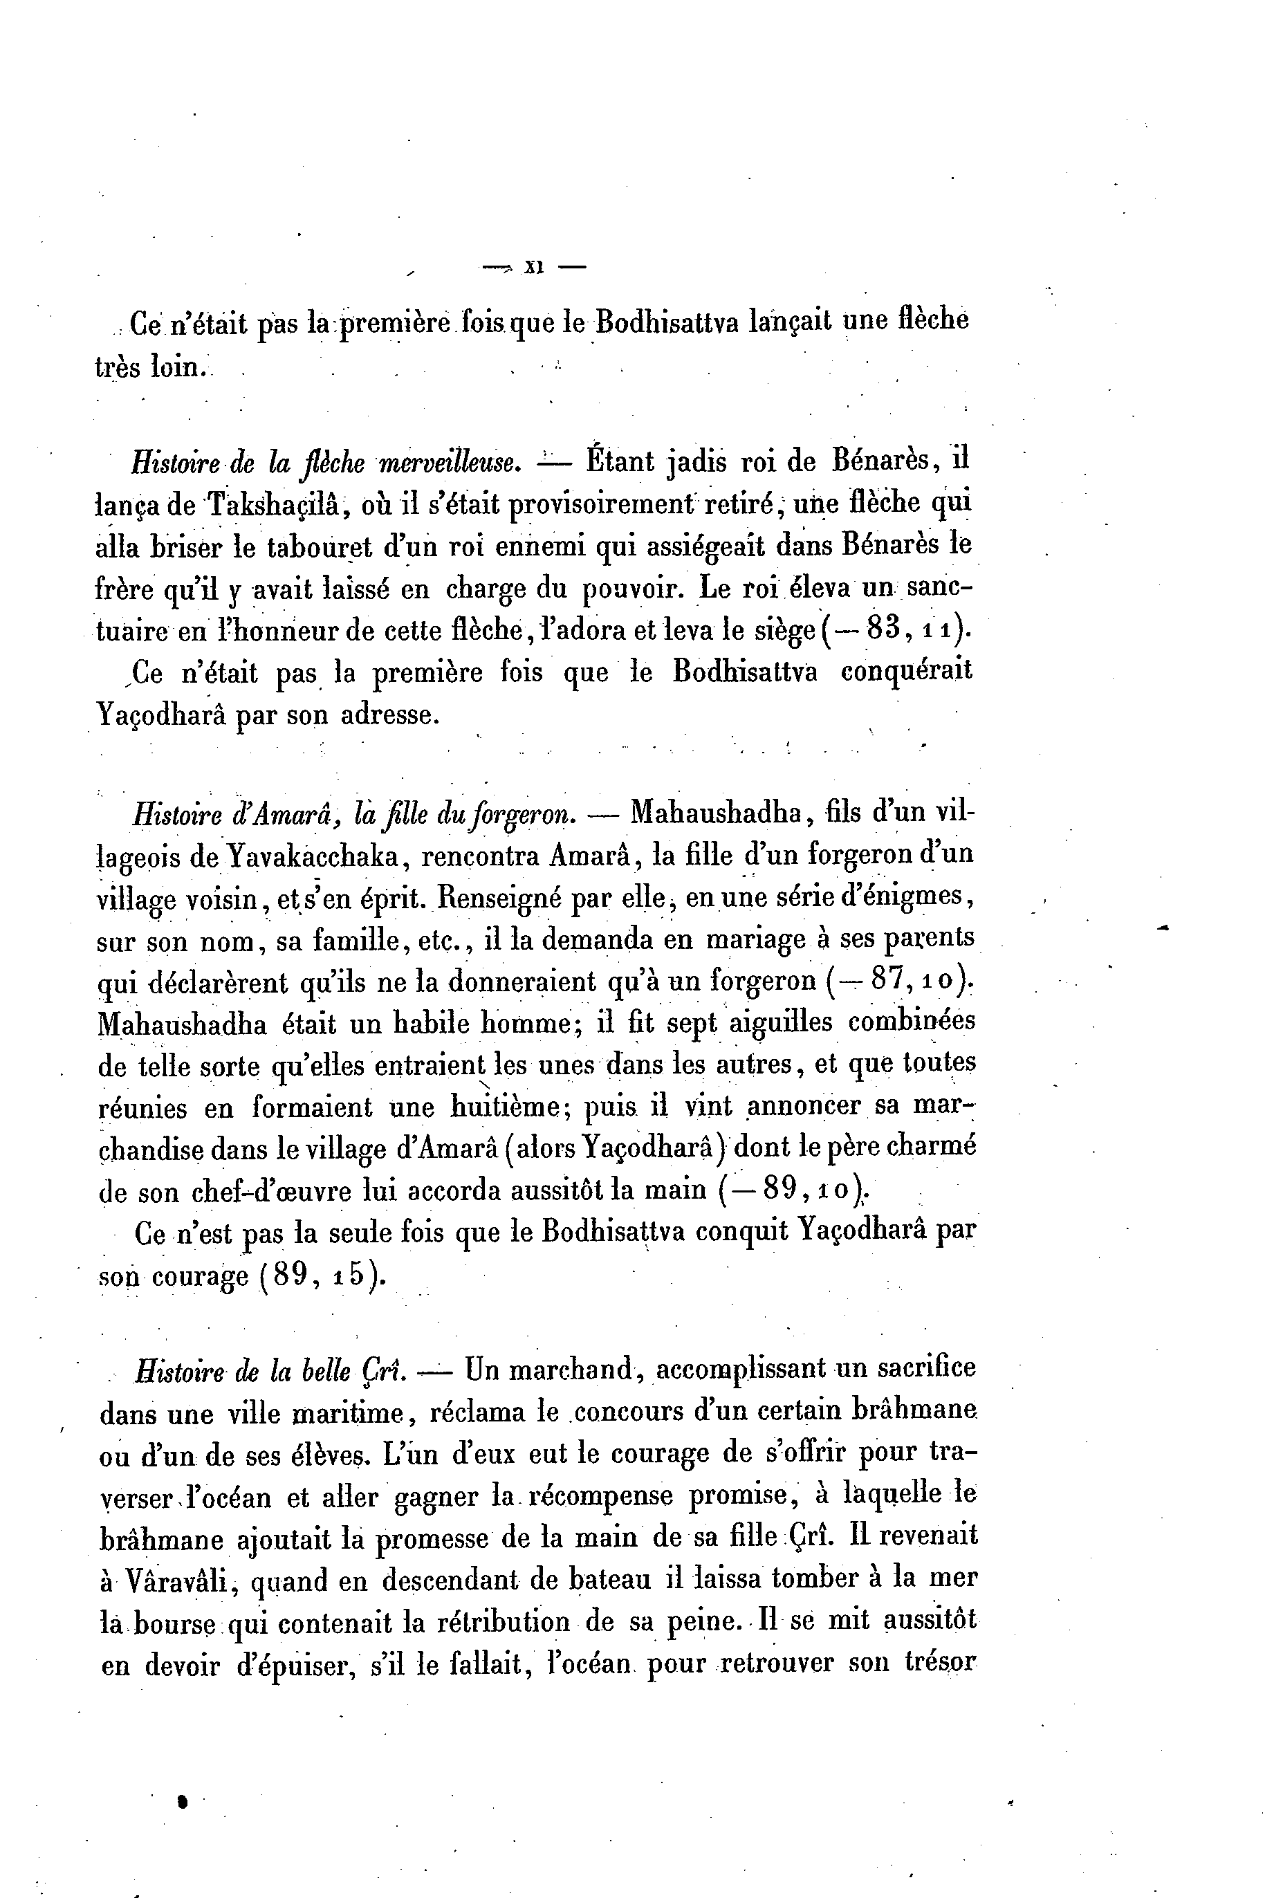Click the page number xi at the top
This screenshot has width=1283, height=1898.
535,266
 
